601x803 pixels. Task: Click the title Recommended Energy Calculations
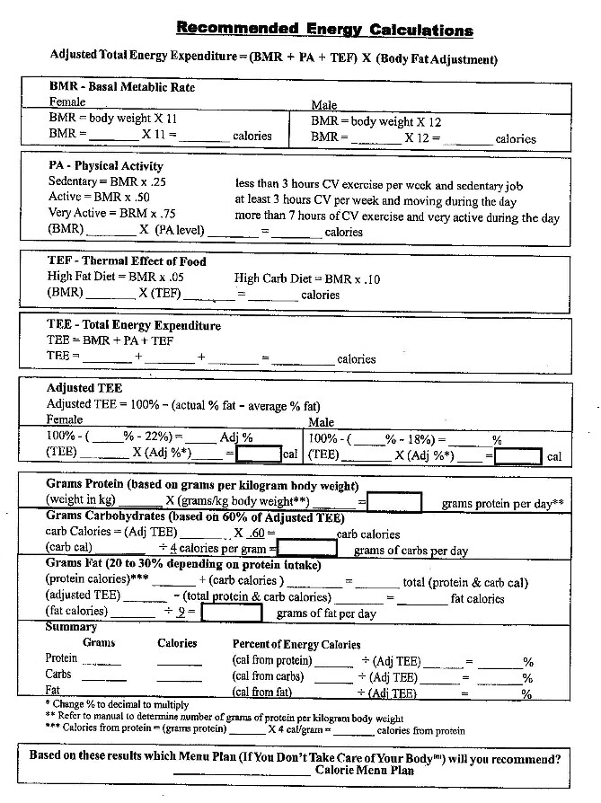[324, 29]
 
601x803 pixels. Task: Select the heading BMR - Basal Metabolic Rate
[121, 87]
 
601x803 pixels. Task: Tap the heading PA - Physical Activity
[106, 165]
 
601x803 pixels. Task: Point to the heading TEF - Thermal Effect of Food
[127, 261]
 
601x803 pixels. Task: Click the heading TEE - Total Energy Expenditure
[134, 325]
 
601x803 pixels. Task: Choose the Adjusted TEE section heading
[83, 388]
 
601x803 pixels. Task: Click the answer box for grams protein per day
[393, 501]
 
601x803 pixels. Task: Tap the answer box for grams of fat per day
[231, 613]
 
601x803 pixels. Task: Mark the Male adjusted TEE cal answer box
[517, 454]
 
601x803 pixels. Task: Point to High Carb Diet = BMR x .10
[307, 278]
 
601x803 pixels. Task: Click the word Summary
[71, 627]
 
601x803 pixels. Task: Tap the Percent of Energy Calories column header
[296, 643]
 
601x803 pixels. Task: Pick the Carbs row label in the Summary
[59, 675]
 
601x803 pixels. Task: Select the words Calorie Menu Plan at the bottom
[365, 770]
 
